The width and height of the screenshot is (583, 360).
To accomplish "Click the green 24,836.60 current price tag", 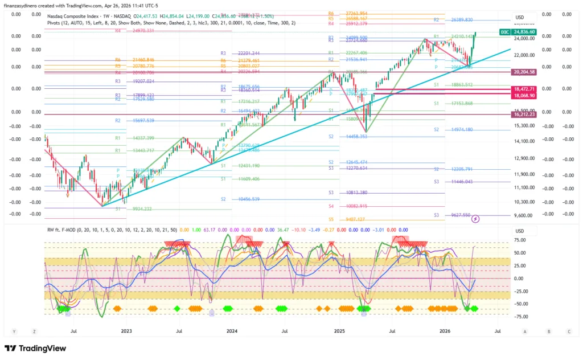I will tap(524, 32).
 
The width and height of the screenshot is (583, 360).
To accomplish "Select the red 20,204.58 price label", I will tap(524, 72).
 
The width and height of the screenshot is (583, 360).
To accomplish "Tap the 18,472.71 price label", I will tap(524, 89).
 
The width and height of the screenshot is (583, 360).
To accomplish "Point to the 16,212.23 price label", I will tap(524, 114).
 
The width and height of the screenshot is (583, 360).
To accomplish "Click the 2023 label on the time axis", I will tap(126, 331).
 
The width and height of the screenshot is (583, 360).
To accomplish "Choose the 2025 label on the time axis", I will tap(339, 331).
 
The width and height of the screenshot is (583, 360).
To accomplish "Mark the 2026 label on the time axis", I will tap(445, 331).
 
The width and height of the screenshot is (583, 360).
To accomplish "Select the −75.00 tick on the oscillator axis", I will tap(519, 317).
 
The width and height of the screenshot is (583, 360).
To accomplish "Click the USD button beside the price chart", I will tap(519, 18).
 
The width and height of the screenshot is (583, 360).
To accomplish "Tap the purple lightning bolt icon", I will tap(476, 218).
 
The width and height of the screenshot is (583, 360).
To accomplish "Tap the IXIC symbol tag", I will tap(504, 32).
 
